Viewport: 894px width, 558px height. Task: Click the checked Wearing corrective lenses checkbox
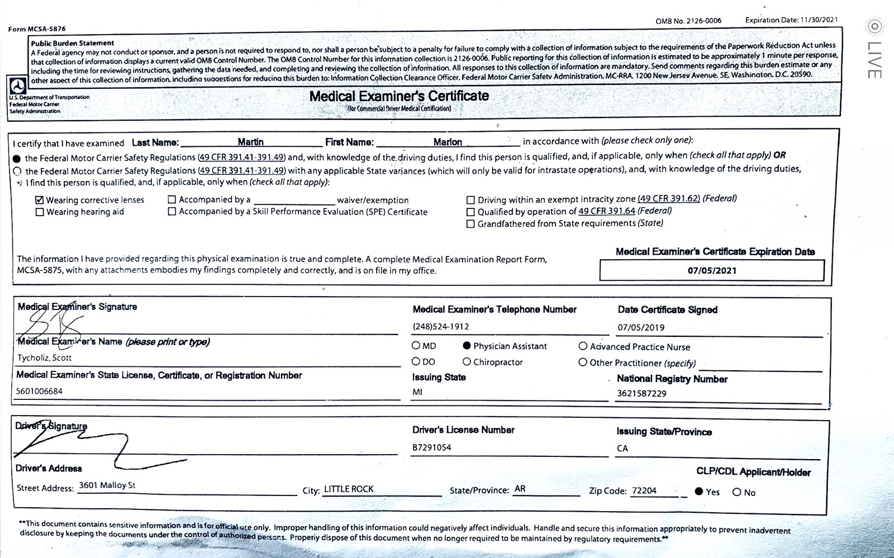40,200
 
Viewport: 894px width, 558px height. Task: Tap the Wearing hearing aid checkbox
40,212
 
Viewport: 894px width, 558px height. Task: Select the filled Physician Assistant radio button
467,346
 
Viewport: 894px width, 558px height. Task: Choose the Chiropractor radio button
467,362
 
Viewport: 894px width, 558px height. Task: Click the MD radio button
416,346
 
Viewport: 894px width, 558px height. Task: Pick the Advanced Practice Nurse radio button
583,346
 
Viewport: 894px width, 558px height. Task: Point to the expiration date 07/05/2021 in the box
712,270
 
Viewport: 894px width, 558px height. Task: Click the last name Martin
250,142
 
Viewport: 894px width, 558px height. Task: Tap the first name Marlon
448,142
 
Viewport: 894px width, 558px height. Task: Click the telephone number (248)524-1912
441,326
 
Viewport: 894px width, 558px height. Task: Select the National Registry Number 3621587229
641,393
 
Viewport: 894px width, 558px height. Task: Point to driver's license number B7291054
432,447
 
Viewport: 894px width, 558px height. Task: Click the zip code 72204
644,490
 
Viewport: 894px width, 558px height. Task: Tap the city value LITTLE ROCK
349,489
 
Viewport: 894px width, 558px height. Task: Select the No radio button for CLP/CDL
737,492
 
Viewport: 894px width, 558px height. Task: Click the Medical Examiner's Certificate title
399,96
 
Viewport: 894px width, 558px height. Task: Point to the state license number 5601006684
40,391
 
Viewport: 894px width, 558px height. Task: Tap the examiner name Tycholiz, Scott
45,357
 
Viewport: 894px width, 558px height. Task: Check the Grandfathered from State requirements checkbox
470,224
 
